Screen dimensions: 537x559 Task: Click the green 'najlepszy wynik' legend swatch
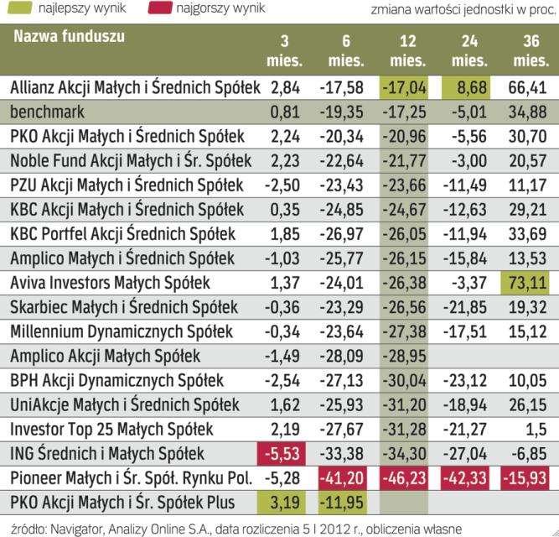pyautogui.click(x=18, y=9)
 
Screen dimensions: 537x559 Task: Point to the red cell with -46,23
pyautogui.click(x=406, y=478)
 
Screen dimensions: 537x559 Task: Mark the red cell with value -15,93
pyautogui.click(x=527, y=478)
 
